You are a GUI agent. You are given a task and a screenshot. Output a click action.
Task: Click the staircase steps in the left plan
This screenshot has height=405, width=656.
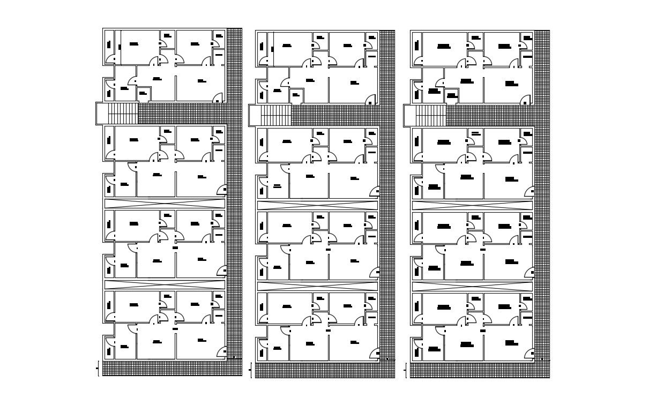coord(123,114)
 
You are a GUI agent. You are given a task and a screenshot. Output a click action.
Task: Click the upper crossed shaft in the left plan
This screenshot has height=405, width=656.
coord(165,203)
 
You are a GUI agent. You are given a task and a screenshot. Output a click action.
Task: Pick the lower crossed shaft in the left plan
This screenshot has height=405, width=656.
coord(165,284)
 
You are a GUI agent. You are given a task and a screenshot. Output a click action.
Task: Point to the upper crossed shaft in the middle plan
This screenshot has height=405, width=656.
coord(318,206)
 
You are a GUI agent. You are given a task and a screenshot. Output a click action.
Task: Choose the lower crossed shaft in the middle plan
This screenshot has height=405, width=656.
coord(318,287)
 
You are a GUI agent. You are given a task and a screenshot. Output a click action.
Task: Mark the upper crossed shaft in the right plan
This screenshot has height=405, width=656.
coord(472,206)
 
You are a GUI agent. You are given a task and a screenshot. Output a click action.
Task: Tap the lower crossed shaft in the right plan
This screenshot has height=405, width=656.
coord(472,287)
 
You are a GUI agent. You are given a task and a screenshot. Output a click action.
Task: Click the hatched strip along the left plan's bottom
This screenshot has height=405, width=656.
coord(172,369)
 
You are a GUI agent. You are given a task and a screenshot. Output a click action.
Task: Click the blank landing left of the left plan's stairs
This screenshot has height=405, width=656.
coord(102,114)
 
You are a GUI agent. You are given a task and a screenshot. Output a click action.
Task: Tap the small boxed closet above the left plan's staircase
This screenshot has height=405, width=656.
coord(144,95)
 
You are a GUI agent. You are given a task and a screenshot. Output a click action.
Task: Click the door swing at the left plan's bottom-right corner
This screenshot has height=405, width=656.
coord(221,352)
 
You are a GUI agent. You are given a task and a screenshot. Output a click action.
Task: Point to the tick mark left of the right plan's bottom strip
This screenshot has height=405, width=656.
coord(405,370)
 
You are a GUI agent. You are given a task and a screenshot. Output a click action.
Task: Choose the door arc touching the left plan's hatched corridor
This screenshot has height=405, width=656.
coord(218,98)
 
